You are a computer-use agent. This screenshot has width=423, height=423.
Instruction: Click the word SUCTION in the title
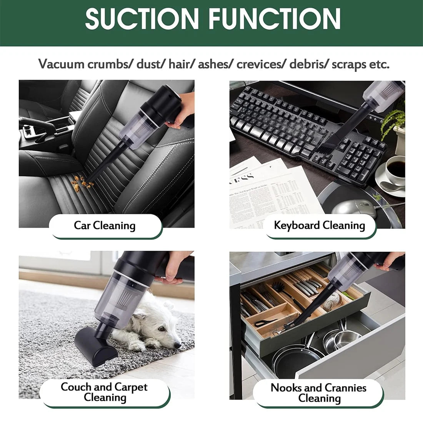click(x=142, y=18)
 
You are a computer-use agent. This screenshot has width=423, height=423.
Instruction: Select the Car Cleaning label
click(x=105, y=225)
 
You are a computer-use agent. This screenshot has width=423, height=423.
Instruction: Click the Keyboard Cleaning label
click(x=319, y=225)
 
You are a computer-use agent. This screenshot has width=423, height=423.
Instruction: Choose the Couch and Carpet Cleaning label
click(x=104, y=392)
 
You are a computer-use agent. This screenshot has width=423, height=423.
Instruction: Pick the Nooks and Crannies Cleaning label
click(x=318, y=393)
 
